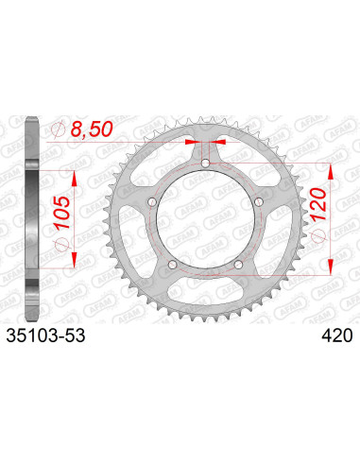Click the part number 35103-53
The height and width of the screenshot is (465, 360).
coord(45,336)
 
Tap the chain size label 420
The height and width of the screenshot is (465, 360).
coord(337,336)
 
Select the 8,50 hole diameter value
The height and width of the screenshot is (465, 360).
coord(92,129)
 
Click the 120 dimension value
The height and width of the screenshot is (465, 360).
coord(317,204)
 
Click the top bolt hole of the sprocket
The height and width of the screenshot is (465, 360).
coord(206,164)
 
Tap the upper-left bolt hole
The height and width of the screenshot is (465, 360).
coord(152,202)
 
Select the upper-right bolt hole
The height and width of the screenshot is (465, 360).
coord(259,202)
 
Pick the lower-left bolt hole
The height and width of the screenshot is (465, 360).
coord(173,265)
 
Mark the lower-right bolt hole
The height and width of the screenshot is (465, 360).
coord(238,265)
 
